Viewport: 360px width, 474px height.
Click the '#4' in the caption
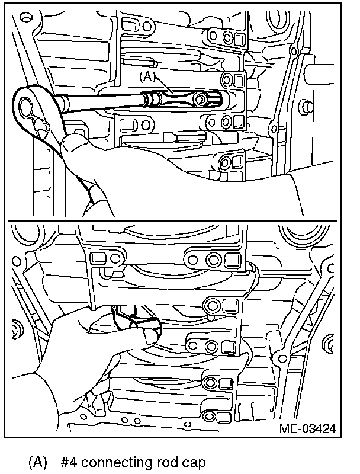[70, 462]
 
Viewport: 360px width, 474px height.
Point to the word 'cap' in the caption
[195, 462]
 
